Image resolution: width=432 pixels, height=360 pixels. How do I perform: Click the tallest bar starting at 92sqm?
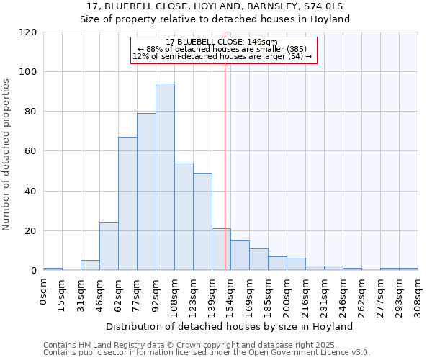point(165,177)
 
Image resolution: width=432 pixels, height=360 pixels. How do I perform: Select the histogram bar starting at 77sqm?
point(146,192)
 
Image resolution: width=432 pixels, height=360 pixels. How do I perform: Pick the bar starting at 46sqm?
point(109,246)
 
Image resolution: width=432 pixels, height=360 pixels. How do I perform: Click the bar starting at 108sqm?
point(184,217)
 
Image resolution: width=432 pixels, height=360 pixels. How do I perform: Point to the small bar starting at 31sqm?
point(90,265)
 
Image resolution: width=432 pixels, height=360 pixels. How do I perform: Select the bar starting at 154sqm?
point(240,256)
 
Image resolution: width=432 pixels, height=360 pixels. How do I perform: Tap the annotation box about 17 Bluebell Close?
point(223,49)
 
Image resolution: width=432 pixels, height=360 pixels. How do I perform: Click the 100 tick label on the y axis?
point(28,72)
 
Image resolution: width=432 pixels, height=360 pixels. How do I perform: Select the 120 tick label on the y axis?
point(28,32)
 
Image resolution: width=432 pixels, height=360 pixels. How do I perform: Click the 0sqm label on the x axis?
point(43,292)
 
